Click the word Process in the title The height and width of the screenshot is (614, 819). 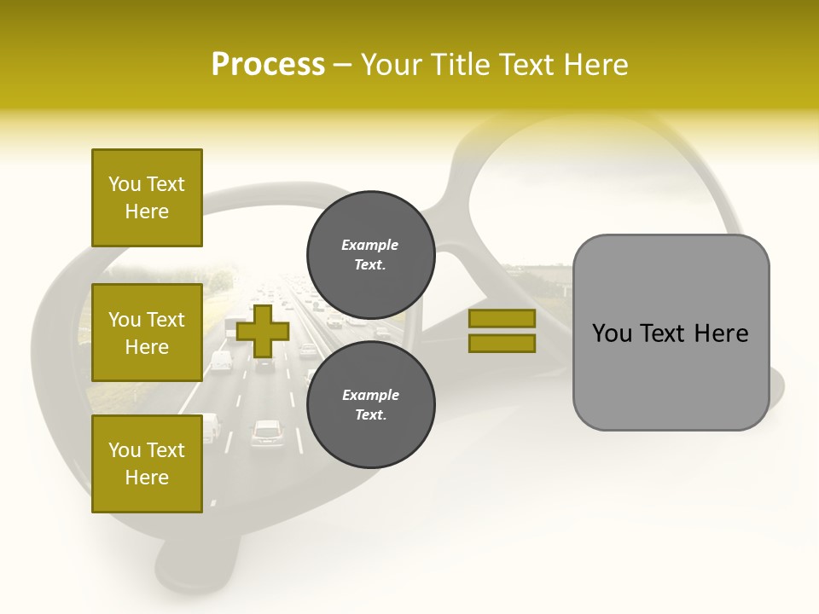pyautogui.click(x=268, y=65)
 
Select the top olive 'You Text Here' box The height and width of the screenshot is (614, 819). pyautogui.click(x=147, y=198)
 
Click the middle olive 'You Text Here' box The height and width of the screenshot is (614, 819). pyautogui.click(x=147, y=333)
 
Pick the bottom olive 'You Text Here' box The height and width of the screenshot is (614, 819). pyautogui.click(x=147, y=464)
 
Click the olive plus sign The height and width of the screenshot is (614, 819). pyautogui.click(x=263, y=331)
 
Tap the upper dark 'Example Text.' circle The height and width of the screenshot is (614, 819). pyautogui.click(x=370, y=254)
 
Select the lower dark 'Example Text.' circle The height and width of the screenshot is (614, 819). pyautogui.click(x=370, y=404)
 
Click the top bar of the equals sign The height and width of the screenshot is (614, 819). pyautogui.click(x=502, y=318)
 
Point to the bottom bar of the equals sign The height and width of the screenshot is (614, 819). pyautogui.click(x=502, y=343)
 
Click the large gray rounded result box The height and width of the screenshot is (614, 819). pyautogui.click(x=671, y=333)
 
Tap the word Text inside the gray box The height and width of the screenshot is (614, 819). pyautogui.click(x=669, y=333)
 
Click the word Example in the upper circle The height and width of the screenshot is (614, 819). pyautogui.click(x=370, y=245)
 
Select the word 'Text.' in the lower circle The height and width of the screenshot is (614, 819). pyautogui.click(x=370, y=414)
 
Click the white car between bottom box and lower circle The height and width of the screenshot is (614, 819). pyautogui.click(x=267, y=432)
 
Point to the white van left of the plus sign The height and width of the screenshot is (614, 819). pyautogui.click(x=221, y=361)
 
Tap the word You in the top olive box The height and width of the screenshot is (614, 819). pyautogui.click(x=125, y=184)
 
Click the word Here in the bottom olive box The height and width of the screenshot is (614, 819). pyautogui.click(x=147, y=478)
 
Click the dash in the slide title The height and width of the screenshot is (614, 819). pyautogui.click(x=343, y=65)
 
